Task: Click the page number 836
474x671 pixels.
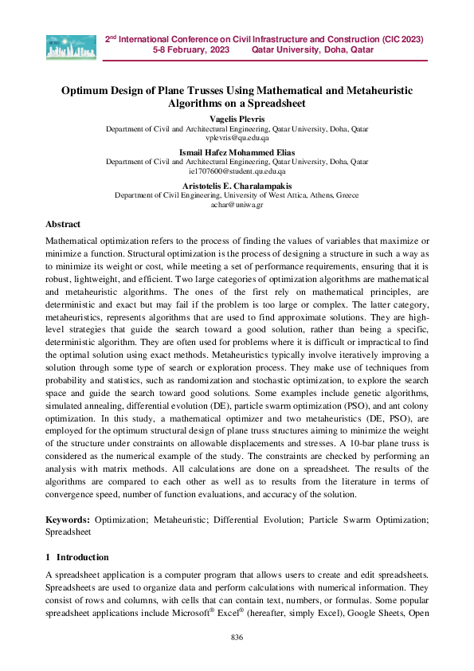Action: pyautogui.click(x=237, y=638)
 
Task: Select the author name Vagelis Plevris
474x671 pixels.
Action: pyautogui.click(x=237, y=118)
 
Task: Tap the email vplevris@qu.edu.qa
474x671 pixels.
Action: pyautogui.click(x=237, y=137)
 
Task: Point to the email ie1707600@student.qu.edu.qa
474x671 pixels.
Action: pyautogui.click(x=237, y=171)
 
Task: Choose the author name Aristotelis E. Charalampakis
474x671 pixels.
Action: pyautogui.click(x=237, y=185)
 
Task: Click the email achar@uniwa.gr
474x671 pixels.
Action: pyautogui.click(x=237, y=204)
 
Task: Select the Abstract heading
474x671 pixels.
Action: pyautogui.click(x=63, y=225)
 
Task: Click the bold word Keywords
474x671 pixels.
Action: pyautogui.click(x=67, y=520)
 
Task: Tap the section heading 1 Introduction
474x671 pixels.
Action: pyautogui.click(x=77, y=557)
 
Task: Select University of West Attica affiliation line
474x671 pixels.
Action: pyautogui.click(x=237, y=194)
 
